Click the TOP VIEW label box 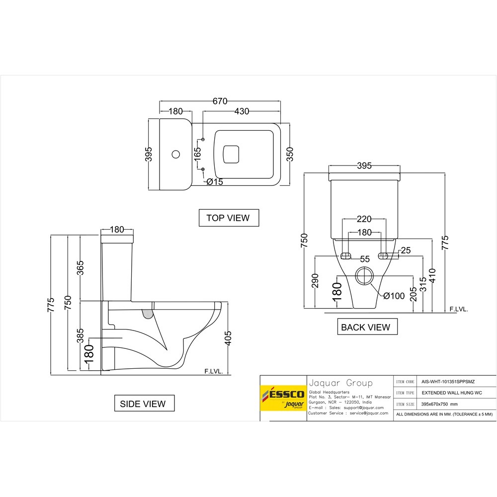229,218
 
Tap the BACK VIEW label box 366,327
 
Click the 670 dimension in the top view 220,101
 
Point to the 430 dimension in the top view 242,111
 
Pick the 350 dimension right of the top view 290,155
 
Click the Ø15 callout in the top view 215,182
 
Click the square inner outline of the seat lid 231,154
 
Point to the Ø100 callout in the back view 394,296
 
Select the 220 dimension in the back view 364,219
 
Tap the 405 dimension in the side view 228,339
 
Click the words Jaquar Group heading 340,383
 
